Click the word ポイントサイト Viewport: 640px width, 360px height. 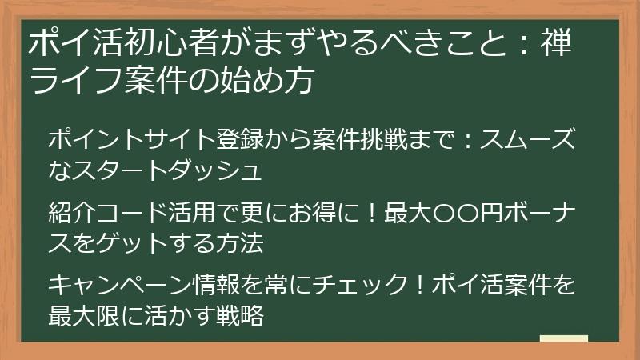pos(131,139)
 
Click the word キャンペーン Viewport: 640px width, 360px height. pos(119,285)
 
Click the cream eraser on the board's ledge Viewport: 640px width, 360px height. pos(563,338)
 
